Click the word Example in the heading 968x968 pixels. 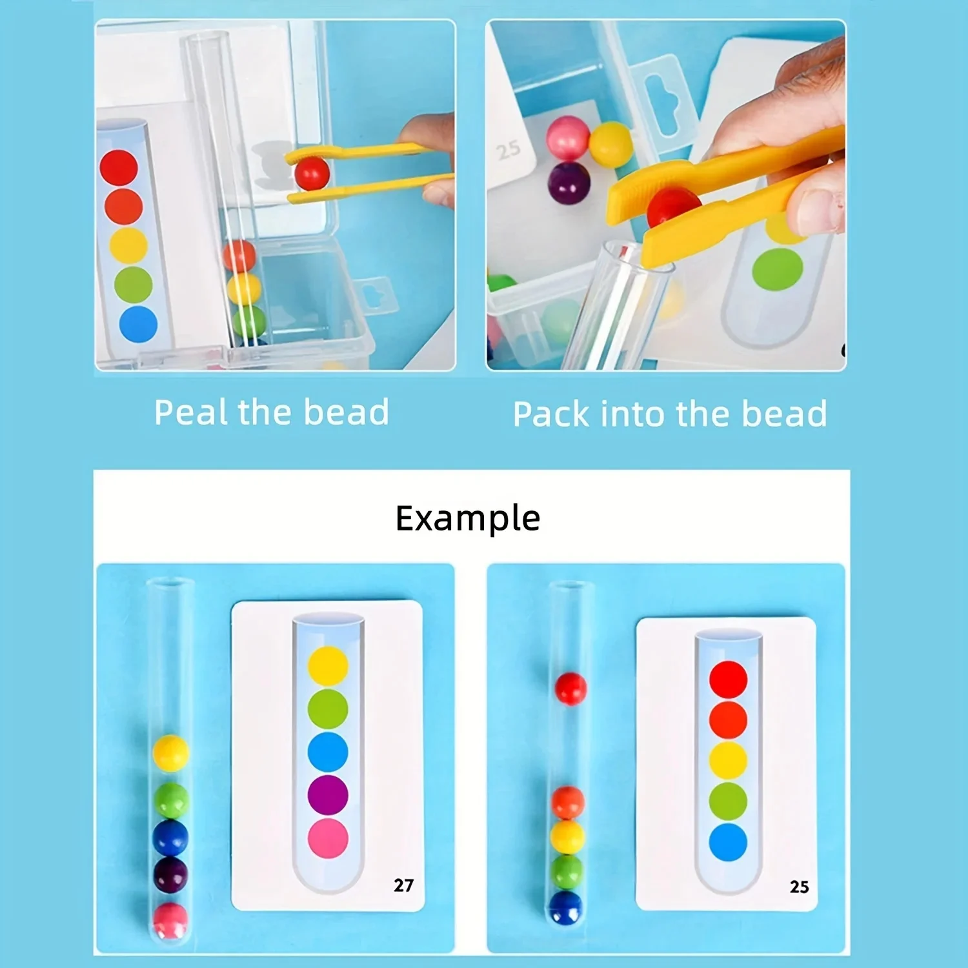467,518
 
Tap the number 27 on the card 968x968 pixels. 403,885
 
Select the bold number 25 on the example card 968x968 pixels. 799,887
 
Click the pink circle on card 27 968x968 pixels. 328,838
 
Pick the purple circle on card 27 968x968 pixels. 328,794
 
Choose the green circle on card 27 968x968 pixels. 328,709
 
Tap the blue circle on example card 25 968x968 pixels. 728,842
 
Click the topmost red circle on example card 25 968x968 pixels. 728,679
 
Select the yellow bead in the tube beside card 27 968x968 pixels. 171,752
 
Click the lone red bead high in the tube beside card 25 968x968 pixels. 570,688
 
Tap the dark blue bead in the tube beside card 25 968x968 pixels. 567,907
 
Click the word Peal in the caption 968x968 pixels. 192,412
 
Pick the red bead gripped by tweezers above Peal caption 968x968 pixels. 312,173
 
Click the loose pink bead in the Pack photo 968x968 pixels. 567,137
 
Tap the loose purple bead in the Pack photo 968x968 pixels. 569,182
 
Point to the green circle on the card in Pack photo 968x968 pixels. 778,268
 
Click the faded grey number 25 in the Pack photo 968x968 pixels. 509,150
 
